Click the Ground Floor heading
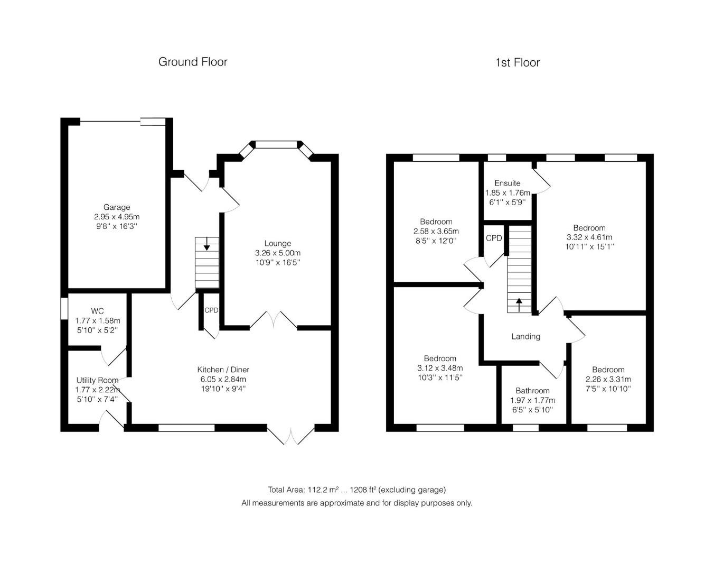(x=193, y=62)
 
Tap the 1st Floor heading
(x=517, y=62)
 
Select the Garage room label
(x=117, y=207)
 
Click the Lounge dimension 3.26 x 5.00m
(x=278, y=253)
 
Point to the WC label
(x=97, y=311)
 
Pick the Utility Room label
(x=97, y=380)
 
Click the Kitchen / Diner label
(x=223, y=370)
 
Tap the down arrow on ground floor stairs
(x=206, y=244)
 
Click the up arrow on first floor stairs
(x=519, y=305)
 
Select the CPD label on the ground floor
(x=211, y=310)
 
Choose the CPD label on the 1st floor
(x=494, y=238)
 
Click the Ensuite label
(x=508, y=183)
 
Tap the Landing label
(x=525, y=336)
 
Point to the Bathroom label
(x=532, y=391)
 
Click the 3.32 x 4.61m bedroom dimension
(x=589, y=237)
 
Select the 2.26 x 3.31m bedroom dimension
(x=608, y=379)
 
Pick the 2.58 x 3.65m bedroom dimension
(x=436, y=231)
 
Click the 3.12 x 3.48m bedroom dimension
(x=440, y=367)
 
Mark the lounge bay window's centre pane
(x=276, y=144)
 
